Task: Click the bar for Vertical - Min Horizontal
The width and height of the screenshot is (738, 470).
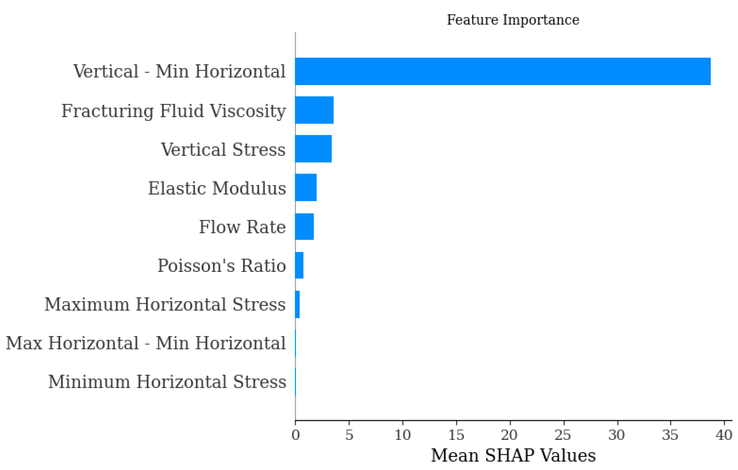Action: (x=503, y=71)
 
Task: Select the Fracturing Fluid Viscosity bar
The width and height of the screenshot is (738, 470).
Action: (x=314, y=110)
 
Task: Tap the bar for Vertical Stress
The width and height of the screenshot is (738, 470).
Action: (x=313, y=149)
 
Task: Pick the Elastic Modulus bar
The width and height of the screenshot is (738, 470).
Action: (x=305, y=187)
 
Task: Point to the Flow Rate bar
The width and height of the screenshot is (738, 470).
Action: (x=304, y=226)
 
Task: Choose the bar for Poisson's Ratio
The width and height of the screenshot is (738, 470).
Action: (x=299, y=265)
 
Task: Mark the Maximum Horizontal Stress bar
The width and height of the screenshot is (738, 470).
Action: (x=297, y=304)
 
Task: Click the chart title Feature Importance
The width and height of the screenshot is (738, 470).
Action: (x=513, y=20)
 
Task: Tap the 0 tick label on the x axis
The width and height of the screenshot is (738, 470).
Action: (x=295, y=435)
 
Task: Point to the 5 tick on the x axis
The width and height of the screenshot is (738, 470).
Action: (x=349, y=435)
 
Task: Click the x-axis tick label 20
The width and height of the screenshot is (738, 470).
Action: (x=509, y=435)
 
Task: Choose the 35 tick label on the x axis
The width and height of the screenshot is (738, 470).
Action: (x=670, y=435)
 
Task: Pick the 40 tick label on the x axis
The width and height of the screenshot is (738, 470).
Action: (x=724, y=435)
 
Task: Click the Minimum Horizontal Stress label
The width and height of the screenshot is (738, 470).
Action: (x=167, y=382)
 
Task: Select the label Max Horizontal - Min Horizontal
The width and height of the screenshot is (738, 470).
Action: (x=146, y=343)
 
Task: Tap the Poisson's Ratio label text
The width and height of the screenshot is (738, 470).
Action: (x=222, y=266)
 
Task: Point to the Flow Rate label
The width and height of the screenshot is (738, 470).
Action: (x=242, y=227)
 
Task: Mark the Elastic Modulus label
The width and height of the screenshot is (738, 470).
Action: (x=217, y=188)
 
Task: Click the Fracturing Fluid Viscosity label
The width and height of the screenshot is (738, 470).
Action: (x=173, y=111)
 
